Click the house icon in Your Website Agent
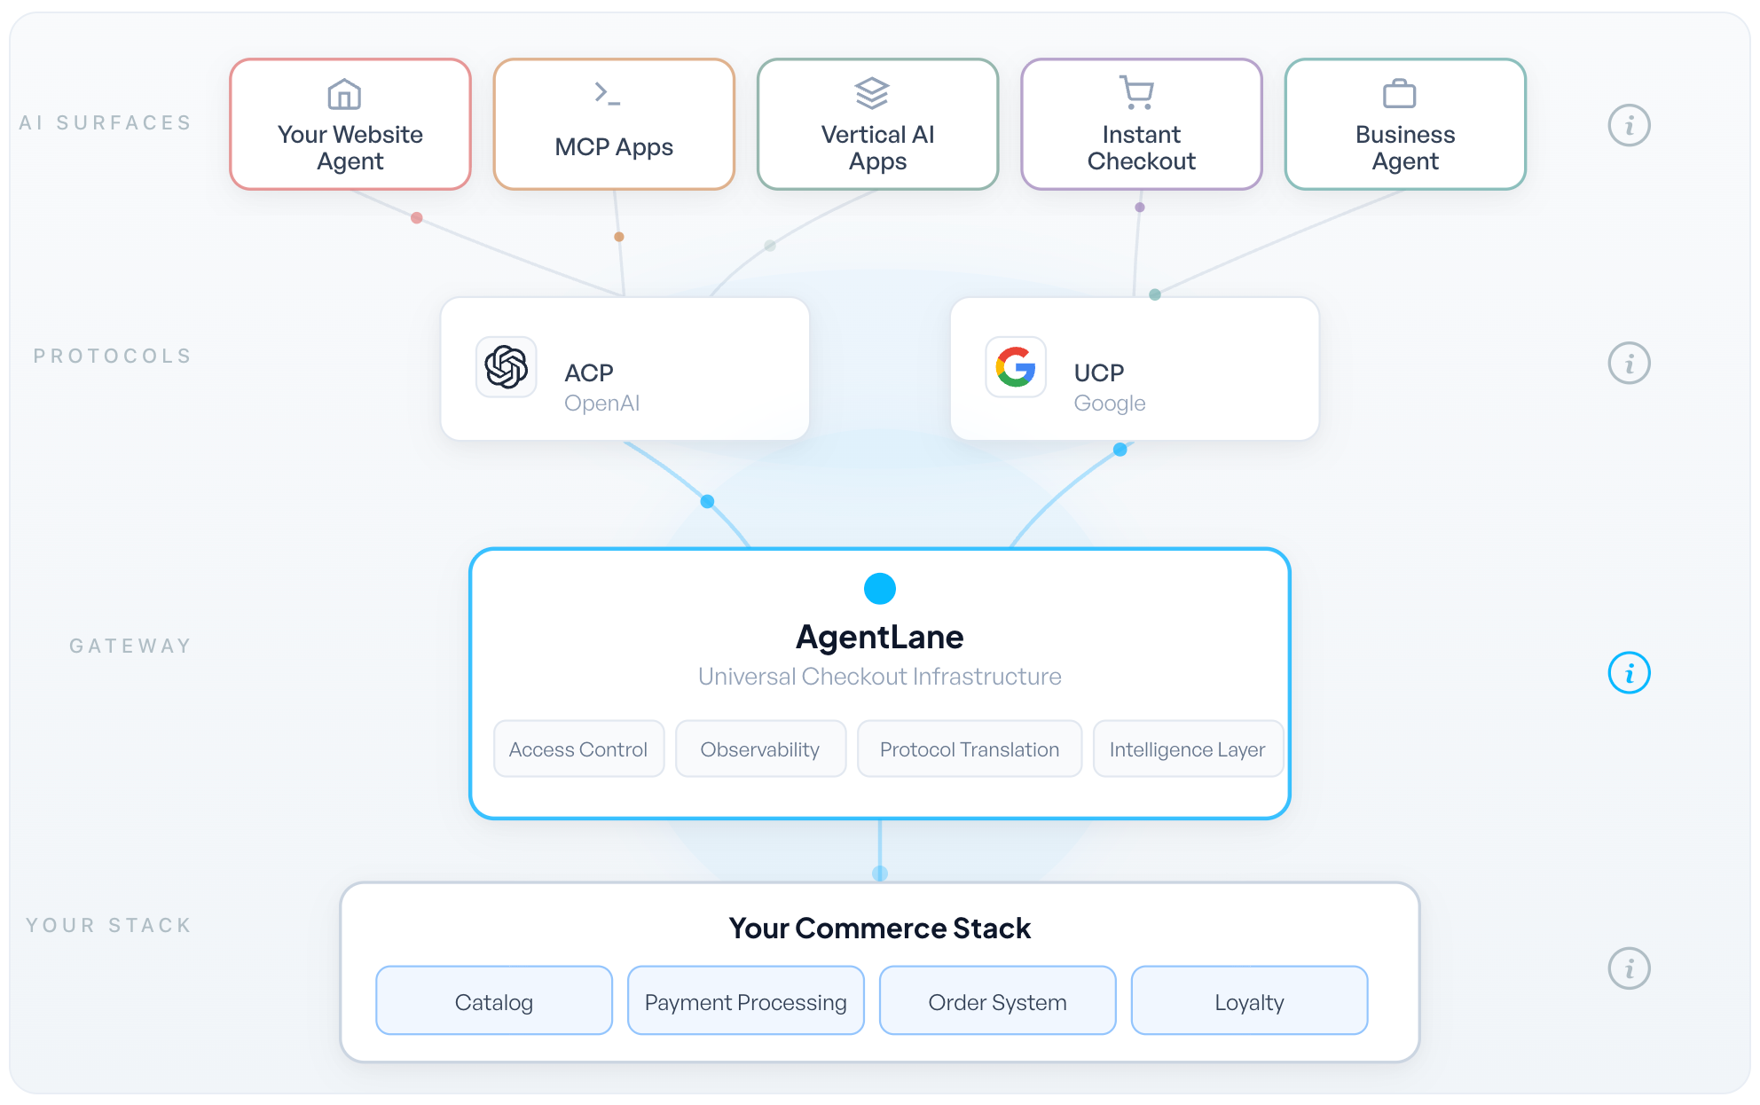click(344, 94)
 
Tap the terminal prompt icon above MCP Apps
click(608, 93)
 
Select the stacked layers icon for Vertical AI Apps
click(872, 93)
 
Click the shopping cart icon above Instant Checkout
click(1136, 92)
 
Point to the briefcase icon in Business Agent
click(1400, 93)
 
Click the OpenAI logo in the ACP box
click(507, 366)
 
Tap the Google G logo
click(1016, 366)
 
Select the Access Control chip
click(578, 749)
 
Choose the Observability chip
click(760, 749)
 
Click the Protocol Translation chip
click(970, 749)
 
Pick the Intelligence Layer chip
click(1188, 749)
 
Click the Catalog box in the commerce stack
click(494, 1001)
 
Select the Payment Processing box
click(746, 1001)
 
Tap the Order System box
click(998, 1001)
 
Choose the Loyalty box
click(1250, 1001)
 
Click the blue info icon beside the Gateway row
click(1630, 673)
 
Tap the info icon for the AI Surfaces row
click(1630, 125)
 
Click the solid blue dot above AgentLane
click(880, 588)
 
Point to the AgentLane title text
click(880, 637)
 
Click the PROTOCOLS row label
click(113, 356)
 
